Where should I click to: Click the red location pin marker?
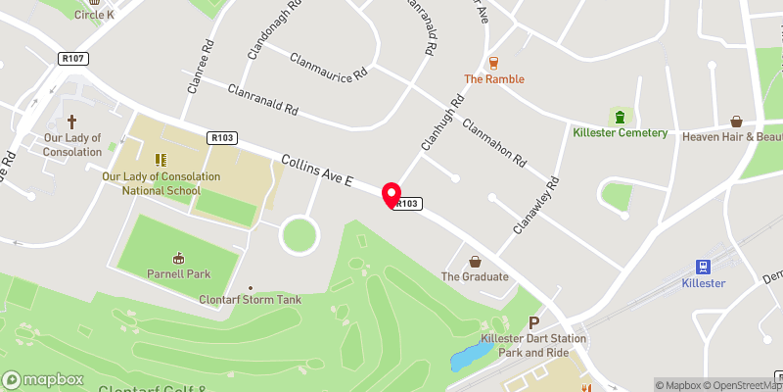(391, 195)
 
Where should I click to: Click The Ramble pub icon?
(494, 62)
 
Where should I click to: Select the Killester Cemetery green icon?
(619, 116)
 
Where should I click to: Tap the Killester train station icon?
(702, 266)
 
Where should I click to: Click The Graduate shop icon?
(475, 262)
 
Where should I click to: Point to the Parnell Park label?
(177, 273)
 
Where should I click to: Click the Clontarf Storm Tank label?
(249, 299)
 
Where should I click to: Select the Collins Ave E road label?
(315, 171)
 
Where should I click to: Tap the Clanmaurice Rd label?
(330, 64)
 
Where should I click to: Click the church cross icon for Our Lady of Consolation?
(71, 122)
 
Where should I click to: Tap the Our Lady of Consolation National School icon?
(161, 159)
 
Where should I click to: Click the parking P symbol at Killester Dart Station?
(534, 322)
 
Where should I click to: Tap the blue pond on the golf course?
(471, 356)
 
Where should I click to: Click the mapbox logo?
(43, 379)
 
